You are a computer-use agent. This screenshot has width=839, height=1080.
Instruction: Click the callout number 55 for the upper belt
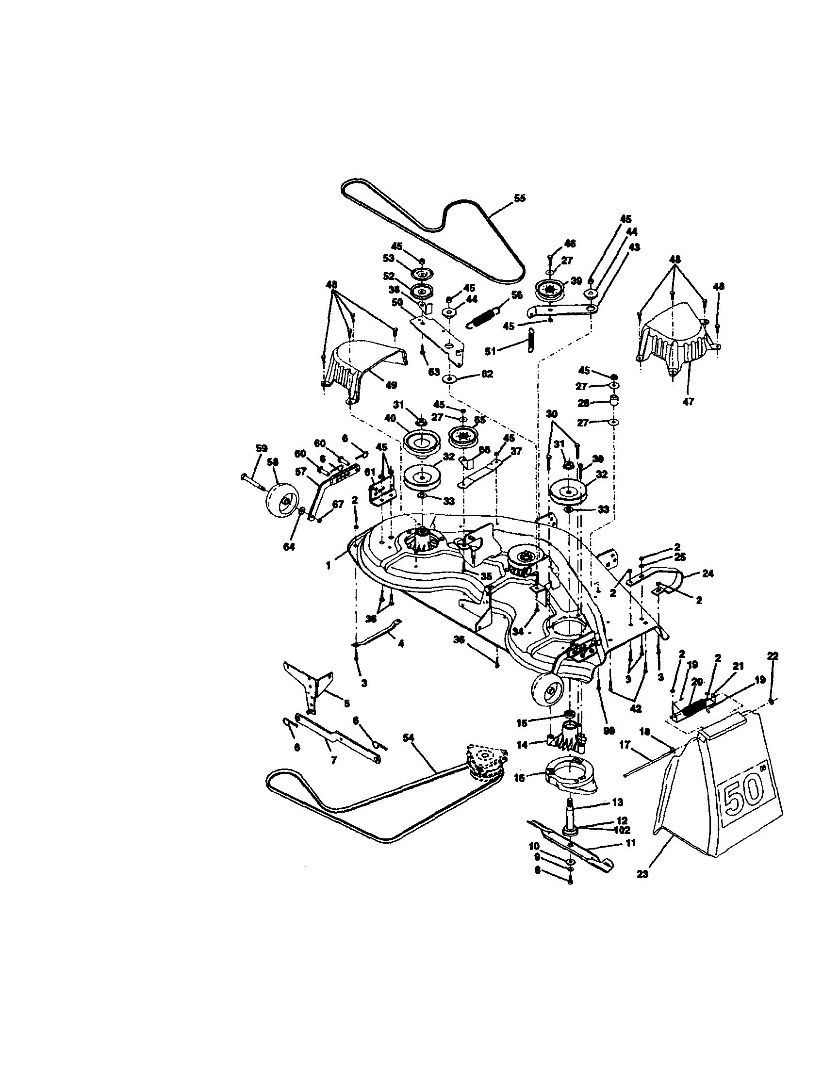click(x=519, y=199)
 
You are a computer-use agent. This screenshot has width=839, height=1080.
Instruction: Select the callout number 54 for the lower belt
click(x=409, y=751)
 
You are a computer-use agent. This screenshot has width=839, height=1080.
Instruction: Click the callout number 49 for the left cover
click(x=391, y=385)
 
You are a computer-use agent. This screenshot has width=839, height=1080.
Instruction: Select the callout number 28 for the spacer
click(x=584, y=403)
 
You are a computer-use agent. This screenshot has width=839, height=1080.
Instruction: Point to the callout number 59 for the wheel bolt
click(x=261, y=448)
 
